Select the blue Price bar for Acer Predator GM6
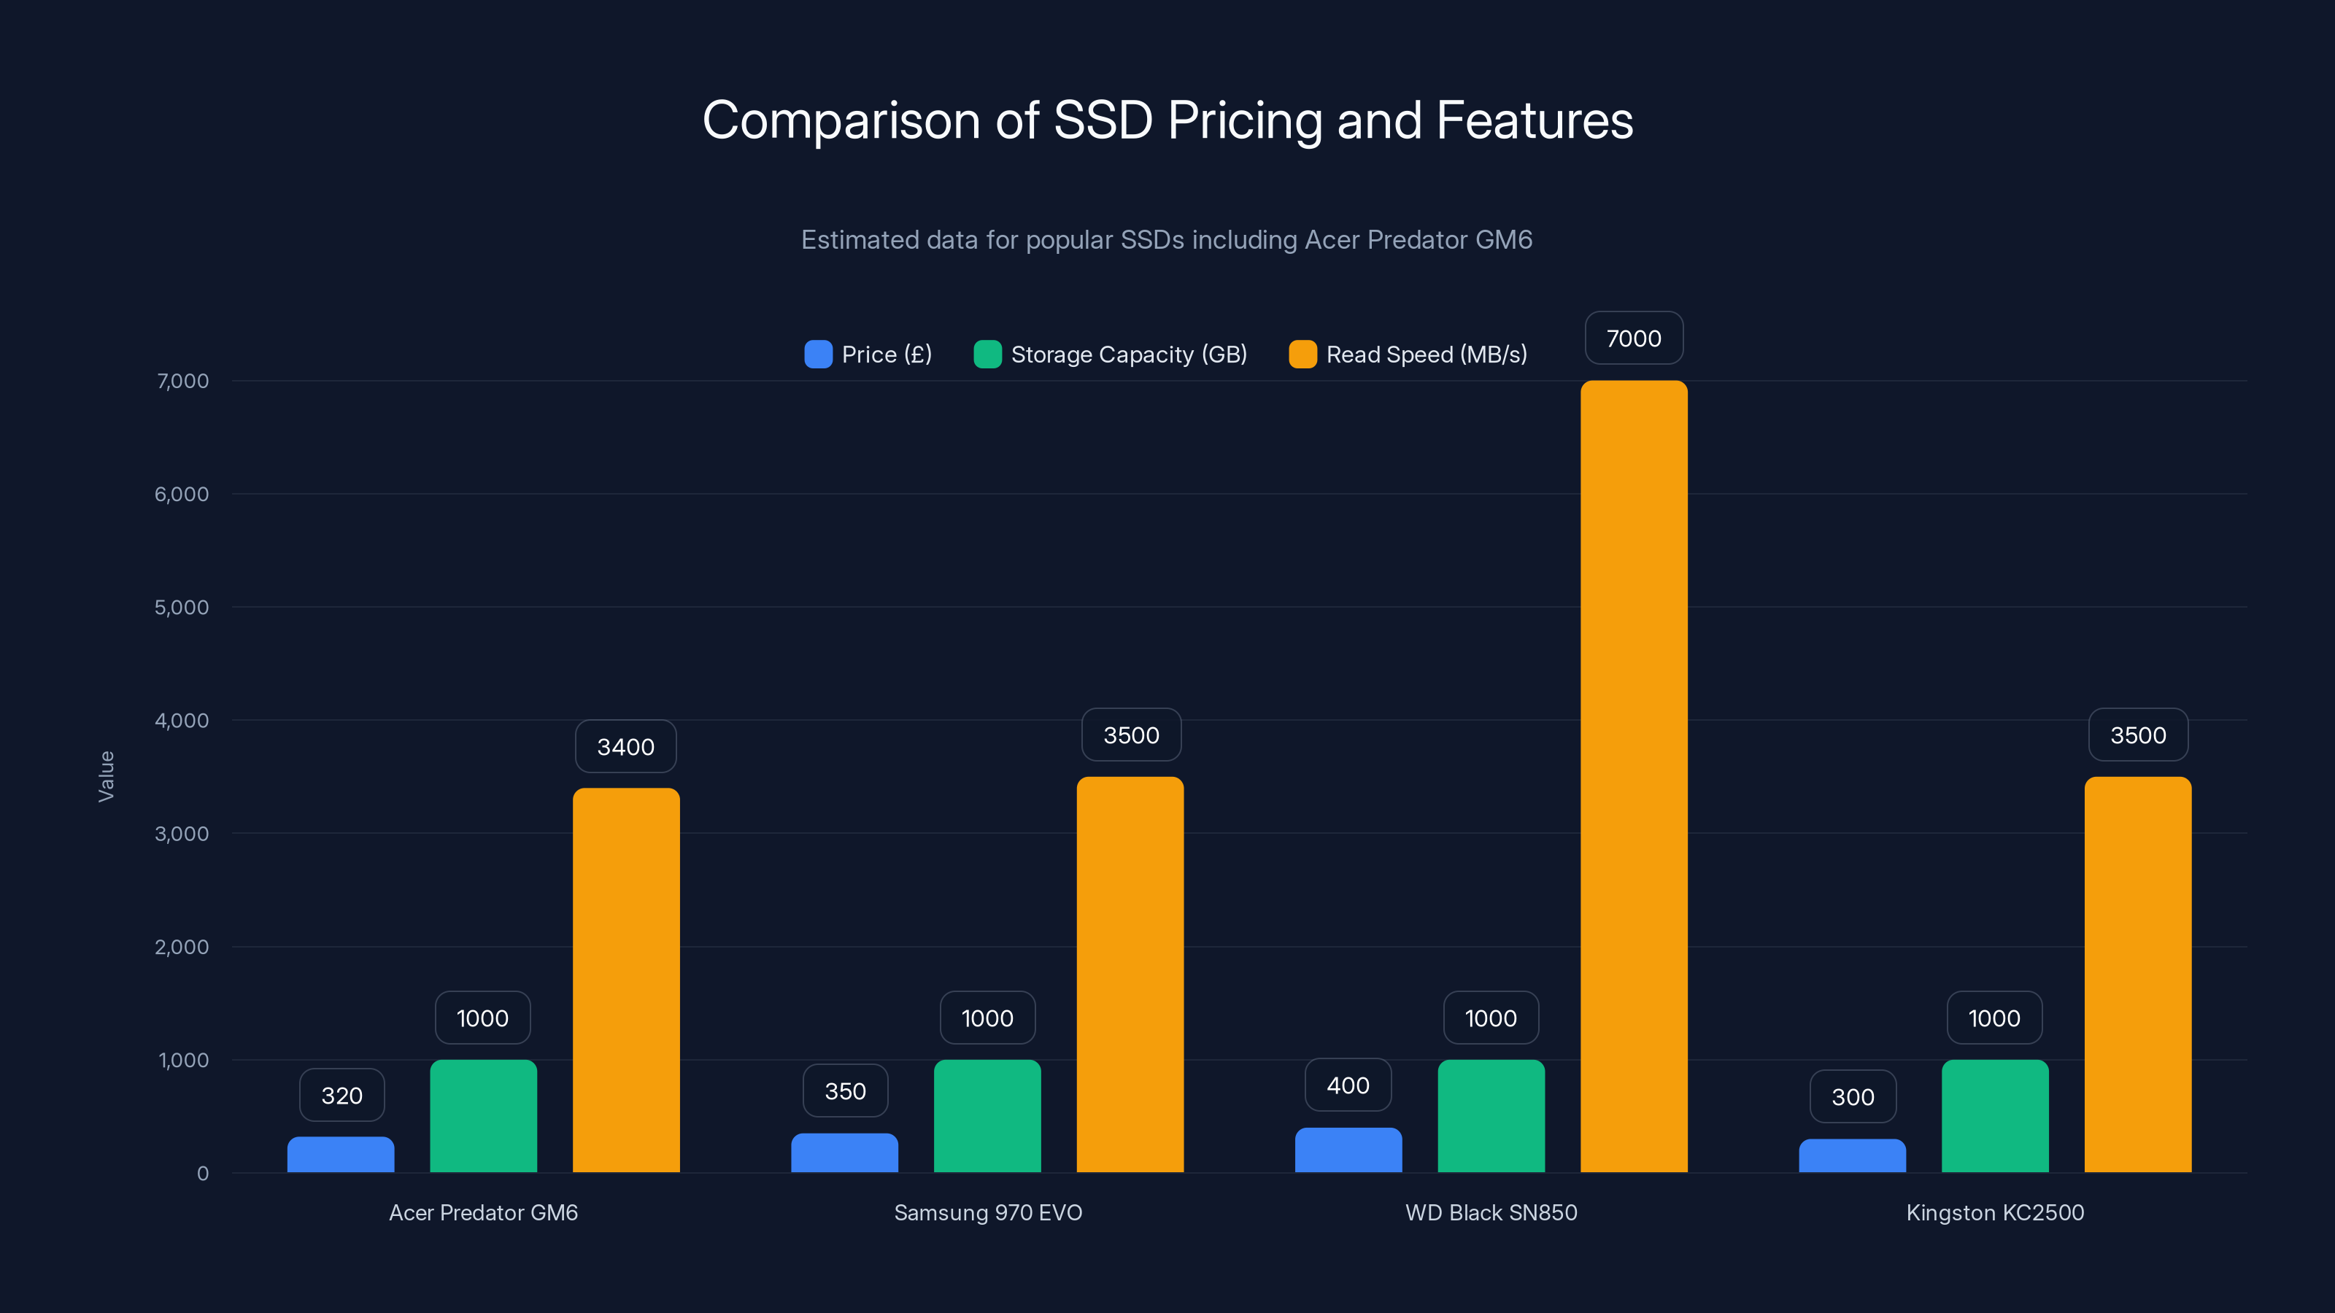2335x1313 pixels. tap(341, 1155)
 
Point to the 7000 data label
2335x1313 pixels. tap(1634, 338)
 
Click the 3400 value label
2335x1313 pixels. tap(625, 747)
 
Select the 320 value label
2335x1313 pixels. tap(341, 1096)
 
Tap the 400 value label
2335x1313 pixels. tap(1348, 1085)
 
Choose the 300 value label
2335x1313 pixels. tap(1853, 1096)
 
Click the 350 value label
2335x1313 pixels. tap(845, 1091)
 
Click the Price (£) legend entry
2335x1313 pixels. tap(868, 355)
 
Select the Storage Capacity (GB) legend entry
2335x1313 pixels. tap(1111, 355)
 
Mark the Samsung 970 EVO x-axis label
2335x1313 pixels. tap(988, 1212)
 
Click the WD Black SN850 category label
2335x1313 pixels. tap(1491, 1212)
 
